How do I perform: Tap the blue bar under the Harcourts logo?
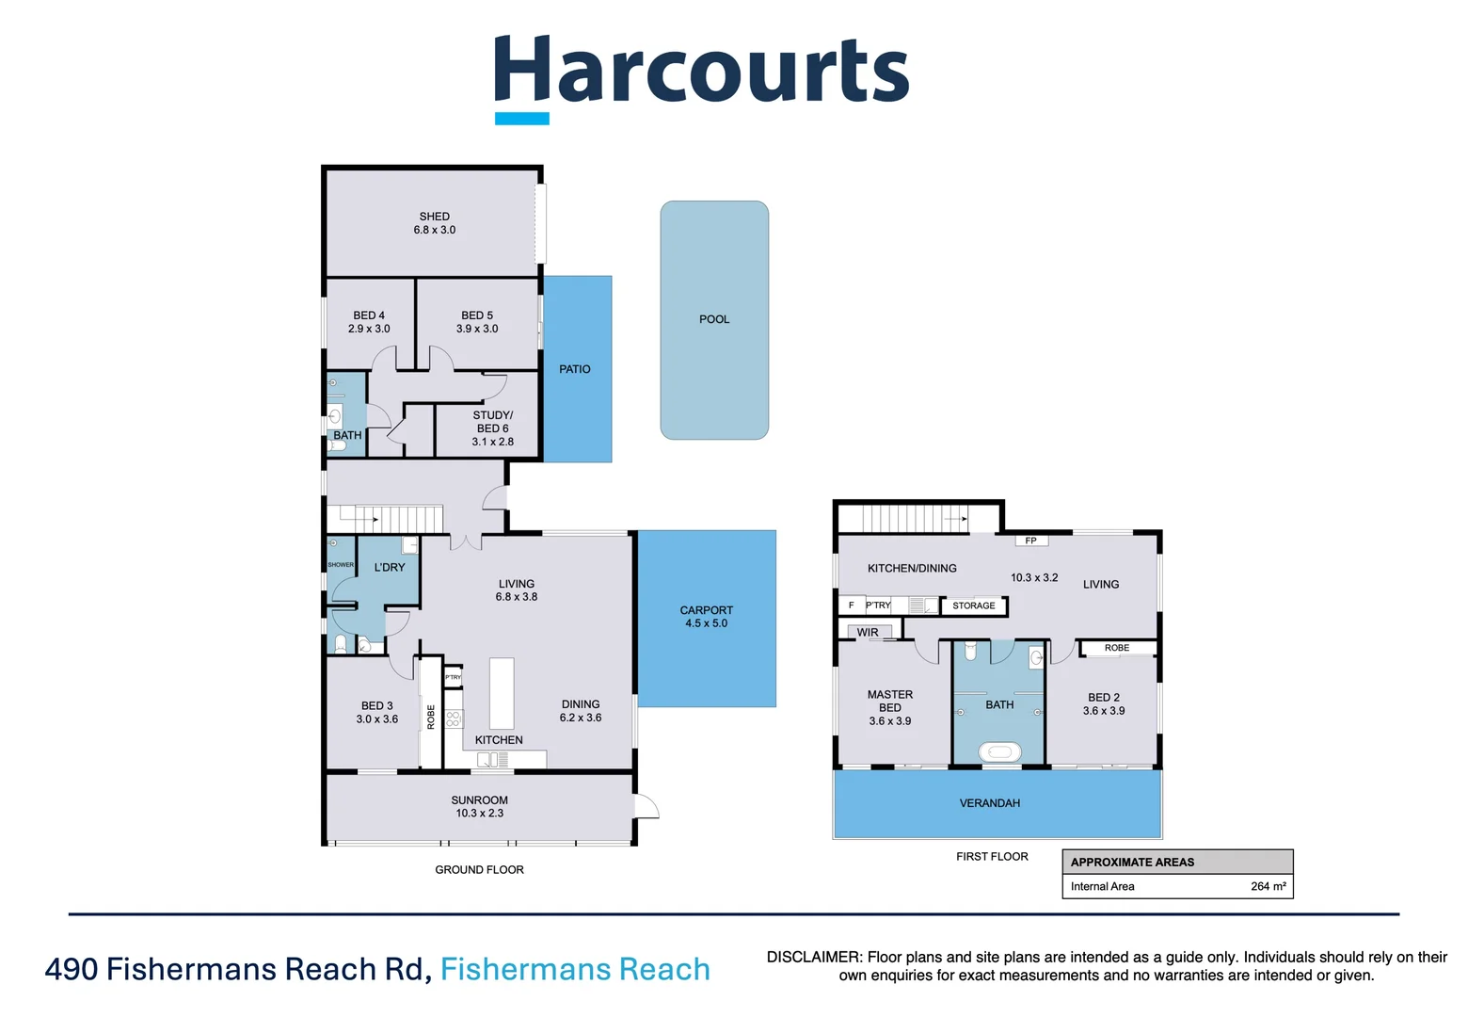tap(522, 119)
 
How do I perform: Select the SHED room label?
tap(434, 217)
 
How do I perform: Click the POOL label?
tap(714, 319)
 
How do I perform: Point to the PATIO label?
tap(575, 369)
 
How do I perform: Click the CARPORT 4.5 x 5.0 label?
tap(707, 617)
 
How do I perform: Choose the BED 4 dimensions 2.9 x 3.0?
tap(369, 329)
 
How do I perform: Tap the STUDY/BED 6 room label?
tap(492, 422)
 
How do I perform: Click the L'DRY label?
tap(390, 567)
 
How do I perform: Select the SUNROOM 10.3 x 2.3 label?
tap(479, 807)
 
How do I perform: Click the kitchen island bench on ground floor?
tap(502, 693)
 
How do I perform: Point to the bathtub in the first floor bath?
tap(999, 751)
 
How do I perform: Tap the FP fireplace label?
tap(1031, 541)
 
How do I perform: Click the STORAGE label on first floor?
tap(973, 605)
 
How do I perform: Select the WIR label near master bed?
tap(868, 632)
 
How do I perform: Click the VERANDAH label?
tap(990, 803)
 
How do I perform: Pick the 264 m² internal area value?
tap(1268, 886)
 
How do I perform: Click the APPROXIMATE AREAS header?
tap(1132, 862)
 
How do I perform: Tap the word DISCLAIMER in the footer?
tap(813, 957)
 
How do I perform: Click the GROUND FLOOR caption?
tap(479, 869)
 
